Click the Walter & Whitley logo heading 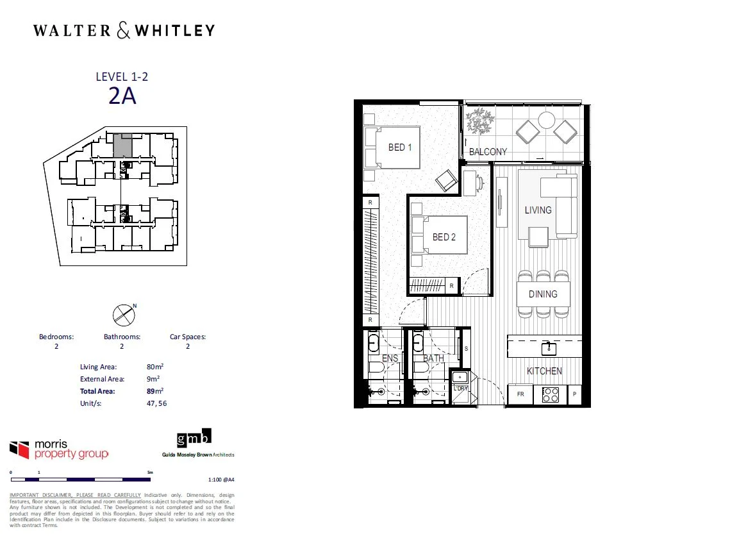pos(124,30)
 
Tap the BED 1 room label pos(400,147)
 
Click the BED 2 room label pos(444,237)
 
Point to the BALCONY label pos(488,152)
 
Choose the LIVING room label pos(538,210)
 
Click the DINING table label pos(543,294)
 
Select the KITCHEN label pos(544,371)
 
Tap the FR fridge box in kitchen pos(520,394)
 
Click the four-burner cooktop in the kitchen pos(551,394)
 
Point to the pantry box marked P pos(574,394)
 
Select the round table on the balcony pos(546,120)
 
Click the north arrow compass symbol pos(123,314)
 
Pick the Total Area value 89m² pos(155,390)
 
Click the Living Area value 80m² pos(155,367)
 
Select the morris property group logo pos(59,449)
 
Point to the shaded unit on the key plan pos(122,146)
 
